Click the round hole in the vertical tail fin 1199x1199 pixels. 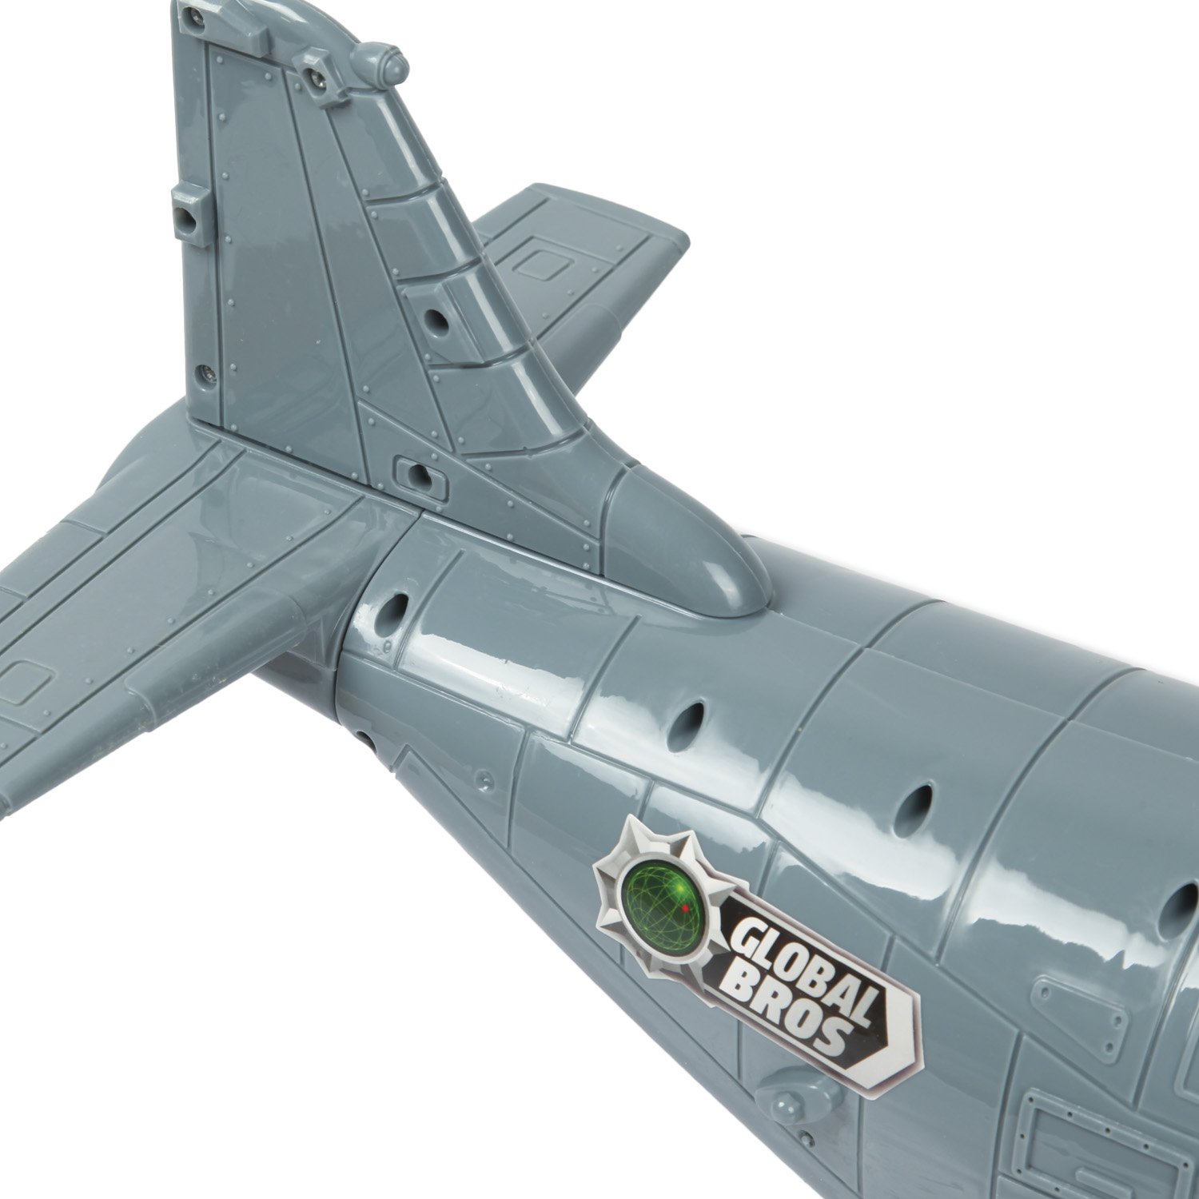pyautogui.click(x=436, y=321)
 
